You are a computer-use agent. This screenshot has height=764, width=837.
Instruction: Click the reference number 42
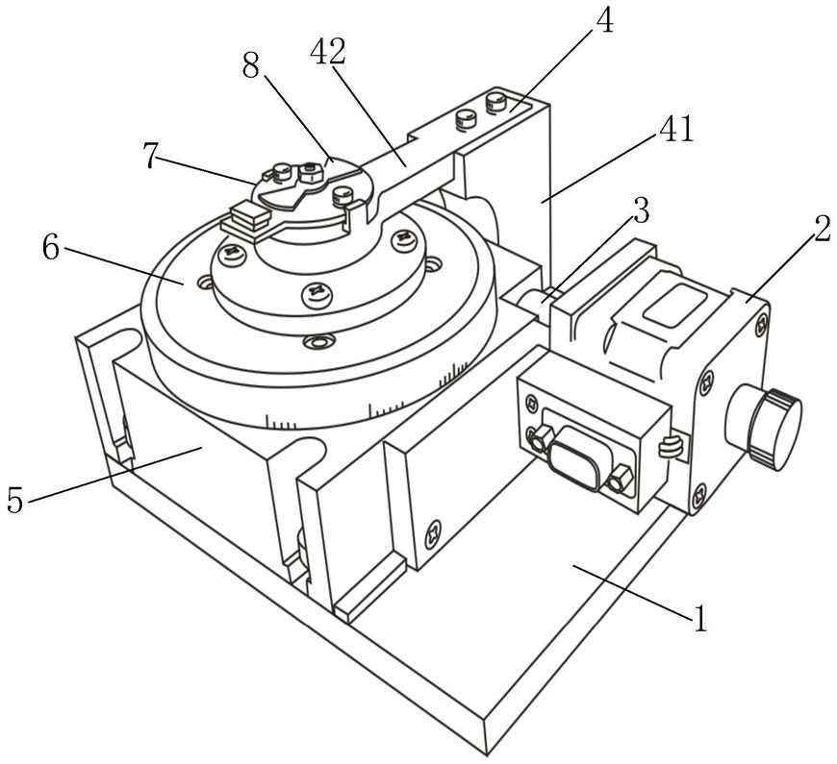(x=328, y=51)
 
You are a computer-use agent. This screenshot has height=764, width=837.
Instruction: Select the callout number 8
(x=250, y=67)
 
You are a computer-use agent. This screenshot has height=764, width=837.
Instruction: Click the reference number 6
(x=51, y=248)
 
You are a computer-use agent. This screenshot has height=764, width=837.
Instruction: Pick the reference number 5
(x=15, y=500)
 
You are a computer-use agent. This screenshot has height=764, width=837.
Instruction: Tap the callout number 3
(x=641, y=210)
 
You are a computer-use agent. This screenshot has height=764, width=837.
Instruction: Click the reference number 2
(x=821, y=230)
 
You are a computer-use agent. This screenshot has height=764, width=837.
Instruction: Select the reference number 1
(x=699, y=619)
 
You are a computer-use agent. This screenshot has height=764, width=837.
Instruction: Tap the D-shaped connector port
(x=574, y=456)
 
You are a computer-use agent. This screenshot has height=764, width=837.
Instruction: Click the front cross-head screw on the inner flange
(x=316, y=293)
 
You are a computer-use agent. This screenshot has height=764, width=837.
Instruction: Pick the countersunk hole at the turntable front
(x=318, y=341)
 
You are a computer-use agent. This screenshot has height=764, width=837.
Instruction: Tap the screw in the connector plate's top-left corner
(x=532, y=400)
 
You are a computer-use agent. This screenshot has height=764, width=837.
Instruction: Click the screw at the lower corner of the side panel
(x=434, y=533)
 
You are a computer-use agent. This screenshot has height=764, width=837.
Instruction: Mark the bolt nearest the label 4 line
(x=495, y=103)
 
